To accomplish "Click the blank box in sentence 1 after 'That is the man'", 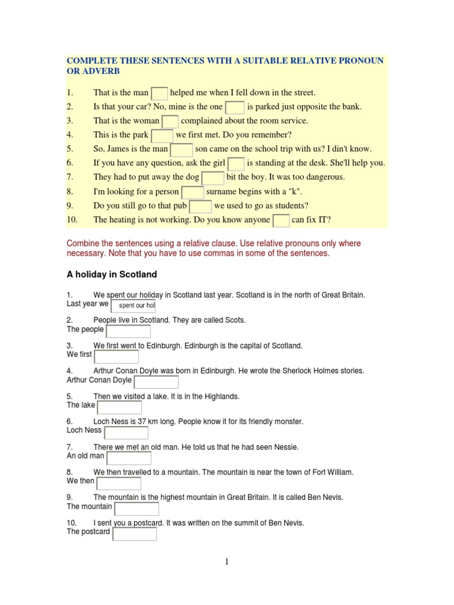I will coord(160,93).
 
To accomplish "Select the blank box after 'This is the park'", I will coord(163,135).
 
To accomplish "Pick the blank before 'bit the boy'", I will coord(213,178).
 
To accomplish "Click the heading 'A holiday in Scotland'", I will coord(112,274).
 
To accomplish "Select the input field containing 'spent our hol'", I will coord(134,305).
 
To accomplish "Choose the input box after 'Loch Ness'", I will coord(126,432).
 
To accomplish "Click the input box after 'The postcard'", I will coord(135,534).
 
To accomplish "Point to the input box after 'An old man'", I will coord(129,458).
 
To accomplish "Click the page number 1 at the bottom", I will coord(226,562).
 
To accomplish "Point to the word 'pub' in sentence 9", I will coord(180,206).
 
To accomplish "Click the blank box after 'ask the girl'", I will coord(236,164).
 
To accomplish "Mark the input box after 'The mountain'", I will coord(137,509).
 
